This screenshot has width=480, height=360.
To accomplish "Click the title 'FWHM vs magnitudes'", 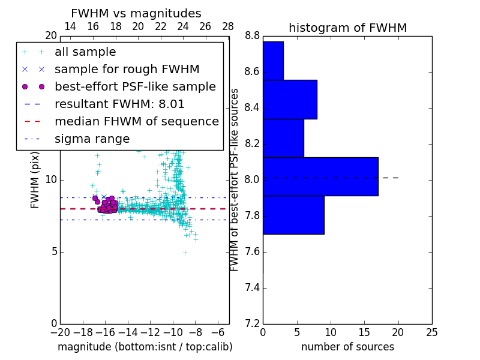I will (x=136, y=13).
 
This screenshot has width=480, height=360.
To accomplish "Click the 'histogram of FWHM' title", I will (x=347, y=28).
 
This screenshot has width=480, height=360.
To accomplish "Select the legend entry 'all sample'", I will (x=85, y=52).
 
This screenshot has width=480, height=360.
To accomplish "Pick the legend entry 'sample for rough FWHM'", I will (x=127, y=70).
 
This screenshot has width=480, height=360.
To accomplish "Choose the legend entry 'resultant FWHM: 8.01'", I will (x=119, y=104).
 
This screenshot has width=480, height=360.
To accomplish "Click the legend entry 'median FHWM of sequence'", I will (x=136, y=122).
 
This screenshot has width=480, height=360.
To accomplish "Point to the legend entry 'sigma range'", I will (x=92, y=139).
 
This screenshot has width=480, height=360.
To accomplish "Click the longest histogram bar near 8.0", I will (x=320, y=176).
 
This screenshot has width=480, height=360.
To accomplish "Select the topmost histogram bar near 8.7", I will (x=273, y=61).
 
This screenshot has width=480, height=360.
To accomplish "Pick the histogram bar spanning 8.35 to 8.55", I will (x=290, y=100).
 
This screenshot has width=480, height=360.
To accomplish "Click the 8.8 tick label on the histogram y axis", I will (x=252, y=36).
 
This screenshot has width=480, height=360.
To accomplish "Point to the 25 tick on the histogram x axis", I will (x=431, y=332).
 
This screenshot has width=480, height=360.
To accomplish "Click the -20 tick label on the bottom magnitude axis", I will (x=60, y=332).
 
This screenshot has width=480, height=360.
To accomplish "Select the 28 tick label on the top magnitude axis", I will (x=228, y=26).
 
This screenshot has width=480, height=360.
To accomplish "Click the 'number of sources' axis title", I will (x=347, y=347).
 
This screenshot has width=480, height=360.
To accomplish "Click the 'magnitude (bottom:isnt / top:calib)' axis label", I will (x=145, y=347).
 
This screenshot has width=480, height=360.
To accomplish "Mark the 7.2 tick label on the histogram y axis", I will (x=252, y=323).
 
